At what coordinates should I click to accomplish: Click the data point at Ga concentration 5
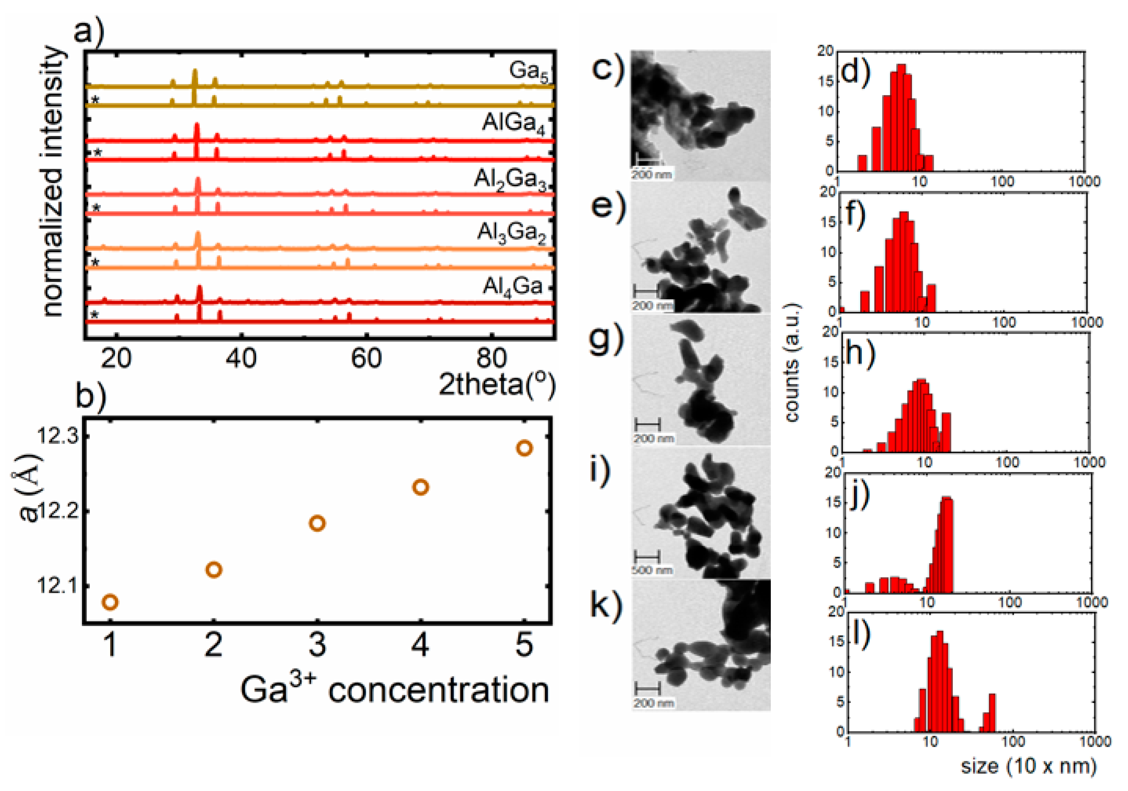(524, 448)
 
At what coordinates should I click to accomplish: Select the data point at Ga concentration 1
(110, 602)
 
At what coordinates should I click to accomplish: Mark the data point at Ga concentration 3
(317, 523)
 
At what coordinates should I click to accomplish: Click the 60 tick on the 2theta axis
(366, 359)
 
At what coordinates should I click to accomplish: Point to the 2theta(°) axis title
(497, 384)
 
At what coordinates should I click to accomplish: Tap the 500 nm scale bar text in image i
(652, 570)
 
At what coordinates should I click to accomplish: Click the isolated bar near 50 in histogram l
(992, 712)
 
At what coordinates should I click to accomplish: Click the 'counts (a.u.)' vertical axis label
(792, 363)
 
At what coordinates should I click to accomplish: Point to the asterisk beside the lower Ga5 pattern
(95, 101)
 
